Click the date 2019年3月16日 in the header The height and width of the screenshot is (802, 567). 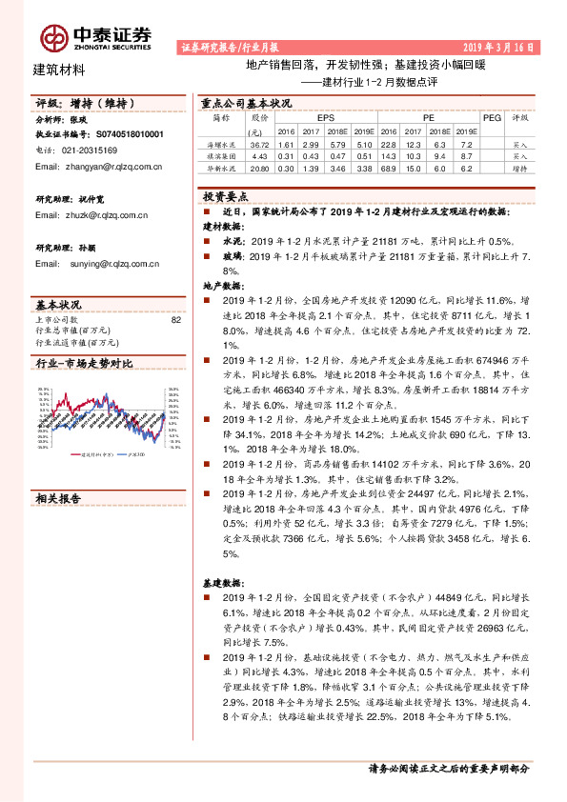tap(498, 46)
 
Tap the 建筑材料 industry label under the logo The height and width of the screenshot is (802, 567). tap(59, 70)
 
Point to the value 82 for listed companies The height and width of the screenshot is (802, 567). tap(174, 320)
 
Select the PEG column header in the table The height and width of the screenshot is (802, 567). tap(492, 118)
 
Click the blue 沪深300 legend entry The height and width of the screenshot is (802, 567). tap(137, 455)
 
